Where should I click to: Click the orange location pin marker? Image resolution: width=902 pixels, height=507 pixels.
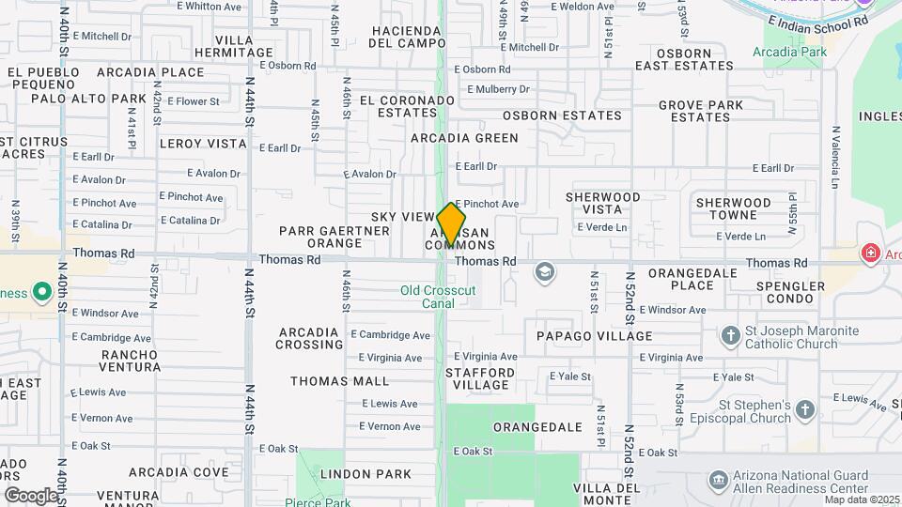pos(451,223)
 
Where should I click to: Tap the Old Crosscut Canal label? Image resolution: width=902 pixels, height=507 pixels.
pos(438,297)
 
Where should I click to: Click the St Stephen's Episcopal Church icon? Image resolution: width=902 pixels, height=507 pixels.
pos(805,409)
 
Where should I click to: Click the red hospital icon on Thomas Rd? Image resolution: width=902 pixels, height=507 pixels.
pos(870,253)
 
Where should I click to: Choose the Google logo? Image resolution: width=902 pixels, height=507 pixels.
pos(30,495)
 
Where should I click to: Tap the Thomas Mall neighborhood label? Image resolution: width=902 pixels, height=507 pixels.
pos(339,381)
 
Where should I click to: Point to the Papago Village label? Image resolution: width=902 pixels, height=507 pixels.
pos(594,336)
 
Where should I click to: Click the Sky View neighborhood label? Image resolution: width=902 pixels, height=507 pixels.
pos(402,217)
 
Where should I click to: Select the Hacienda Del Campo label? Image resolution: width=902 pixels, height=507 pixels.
pos(408,37)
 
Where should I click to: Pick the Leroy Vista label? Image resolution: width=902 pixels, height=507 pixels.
pos(203,144)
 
